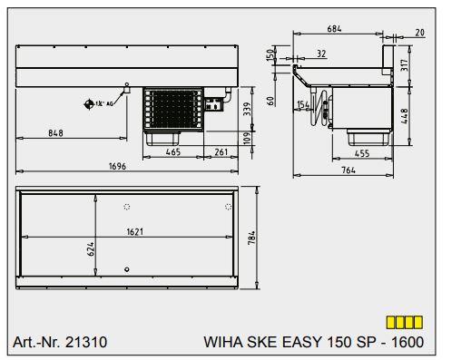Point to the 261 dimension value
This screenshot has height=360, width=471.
tap(220, 152)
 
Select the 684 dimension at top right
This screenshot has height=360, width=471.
tap(335, 30)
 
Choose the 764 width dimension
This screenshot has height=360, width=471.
tap(348, 169)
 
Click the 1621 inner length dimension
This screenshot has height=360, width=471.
tap(133, 231)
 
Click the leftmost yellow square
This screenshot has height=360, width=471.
tap(391, 322)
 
